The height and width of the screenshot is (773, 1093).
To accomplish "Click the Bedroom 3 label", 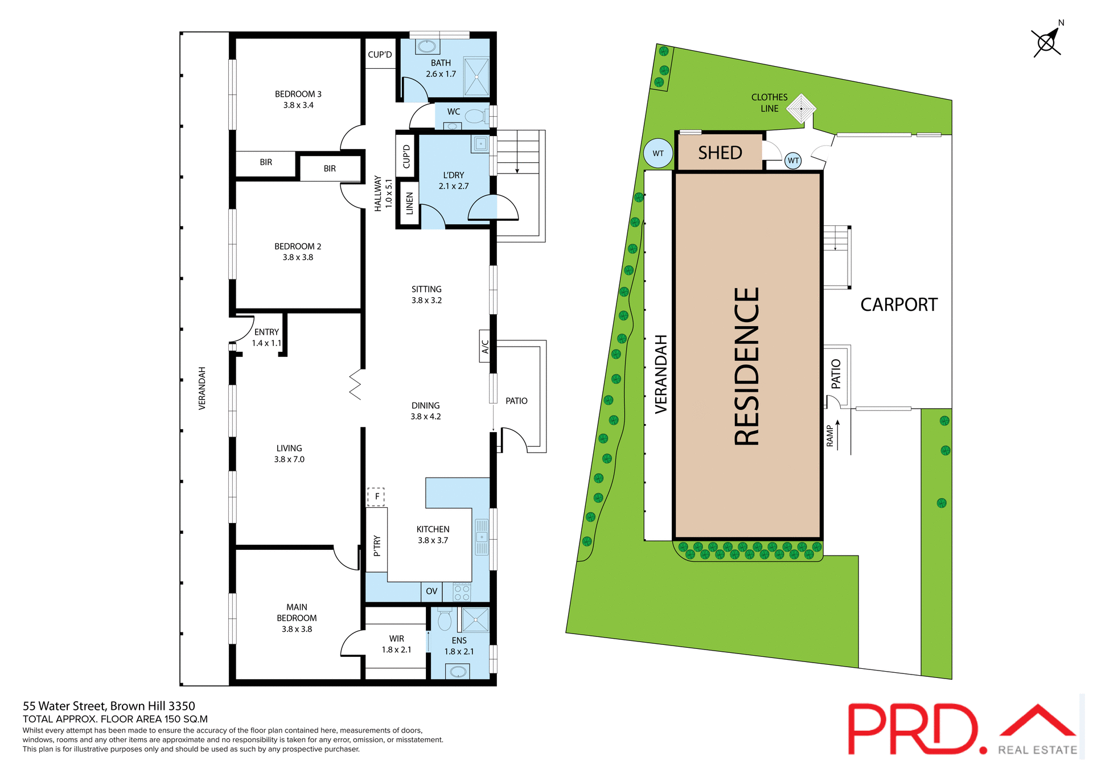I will (x=298, y=99).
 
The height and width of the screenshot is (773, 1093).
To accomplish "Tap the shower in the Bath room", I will (x=476, y=76).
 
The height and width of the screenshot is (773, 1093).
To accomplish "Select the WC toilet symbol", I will (x=474, y=117).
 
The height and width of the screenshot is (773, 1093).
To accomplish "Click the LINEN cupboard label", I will (x=409, y=203).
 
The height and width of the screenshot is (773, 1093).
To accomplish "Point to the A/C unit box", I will (x=485, y=346).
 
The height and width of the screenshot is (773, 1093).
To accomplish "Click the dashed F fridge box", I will (x=376, y=496).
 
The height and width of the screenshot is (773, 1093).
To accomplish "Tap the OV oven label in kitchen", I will (x=432, y=591).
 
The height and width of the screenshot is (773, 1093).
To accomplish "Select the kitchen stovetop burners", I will (x=462, y=592).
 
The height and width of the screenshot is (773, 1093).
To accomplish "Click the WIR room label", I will (x=396, y=644).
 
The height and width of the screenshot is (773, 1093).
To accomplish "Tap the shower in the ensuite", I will (x=475, y=620).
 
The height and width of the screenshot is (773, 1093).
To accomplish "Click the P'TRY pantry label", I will (x=376, y=545).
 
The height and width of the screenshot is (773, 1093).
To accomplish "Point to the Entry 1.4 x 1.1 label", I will (x=266, y=337).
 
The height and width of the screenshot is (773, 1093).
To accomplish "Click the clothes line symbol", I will (x=801, y=108).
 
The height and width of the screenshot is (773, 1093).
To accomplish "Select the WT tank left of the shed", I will (x=658, y=153).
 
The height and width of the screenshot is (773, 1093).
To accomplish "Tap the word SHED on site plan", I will (x=720, y=153).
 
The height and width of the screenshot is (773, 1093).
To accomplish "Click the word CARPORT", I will (x=898, y=305).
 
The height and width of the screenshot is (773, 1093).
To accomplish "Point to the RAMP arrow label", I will (x=833, y=435).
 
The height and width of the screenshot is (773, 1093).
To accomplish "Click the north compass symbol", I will (x=1046, y=42).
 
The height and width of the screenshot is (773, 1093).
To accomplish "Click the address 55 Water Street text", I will (x=109, y=706).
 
